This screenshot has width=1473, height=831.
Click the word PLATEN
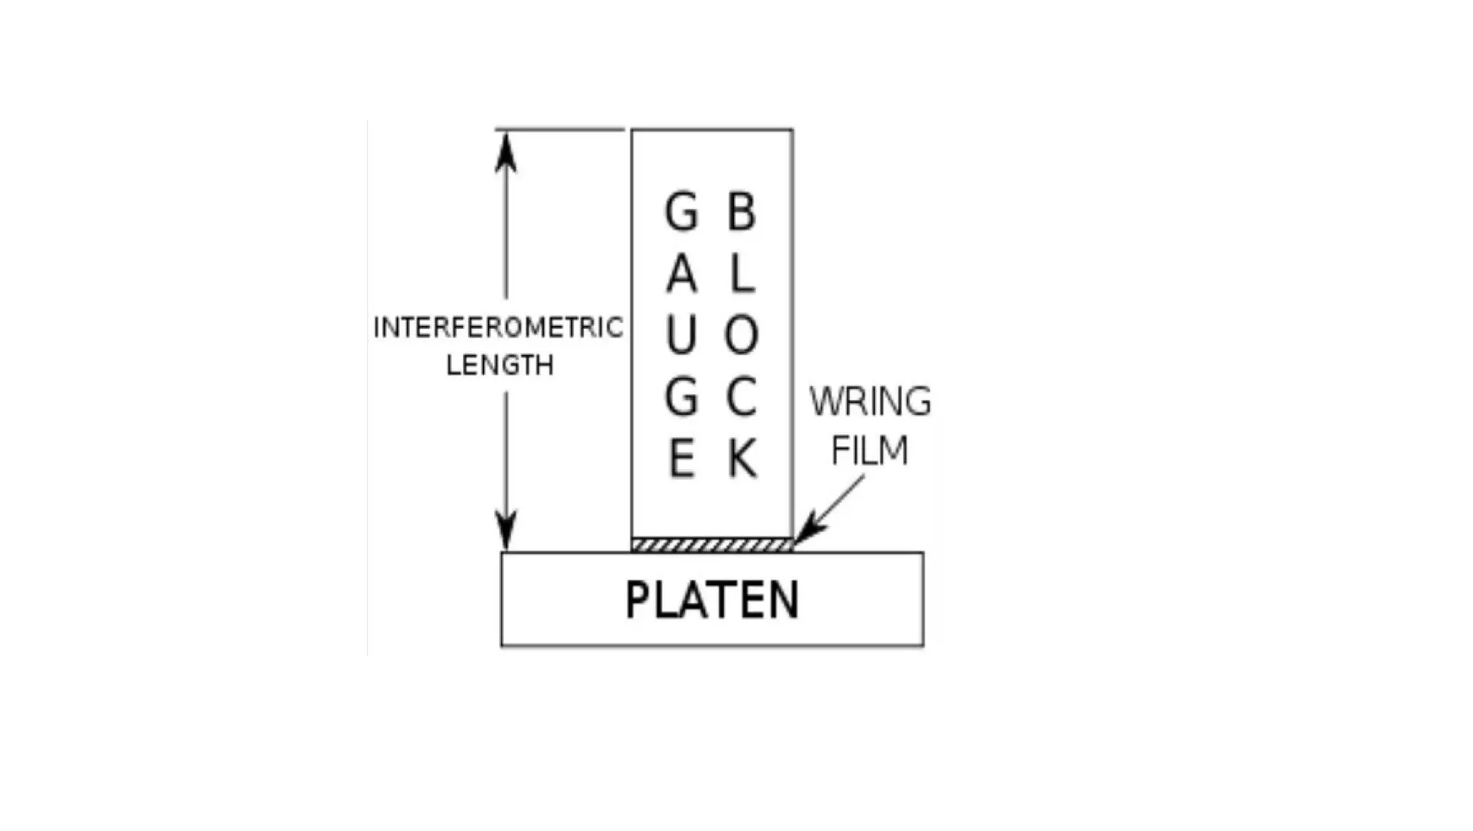point(712,600)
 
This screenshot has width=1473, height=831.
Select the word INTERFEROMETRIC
point(498,328)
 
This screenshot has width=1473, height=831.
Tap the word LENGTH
point(500,365)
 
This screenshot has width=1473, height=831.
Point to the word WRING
point(870,401)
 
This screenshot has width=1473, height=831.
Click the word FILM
point(870,450)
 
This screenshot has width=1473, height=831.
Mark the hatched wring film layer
point(712,545)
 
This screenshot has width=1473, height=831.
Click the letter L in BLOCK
point(742,274)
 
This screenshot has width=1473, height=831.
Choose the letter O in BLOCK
point(742,335)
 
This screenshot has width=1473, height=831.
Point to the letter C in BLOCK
point(742,396)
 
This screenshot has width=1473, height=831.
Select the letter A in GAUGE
point(681,274)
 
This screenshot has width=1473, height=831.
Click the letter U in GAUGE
point(681,335)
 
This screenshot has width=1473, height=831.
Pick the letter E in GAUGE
point(682,458)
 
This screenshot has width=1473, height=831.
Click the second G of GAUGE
point(681,396)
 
